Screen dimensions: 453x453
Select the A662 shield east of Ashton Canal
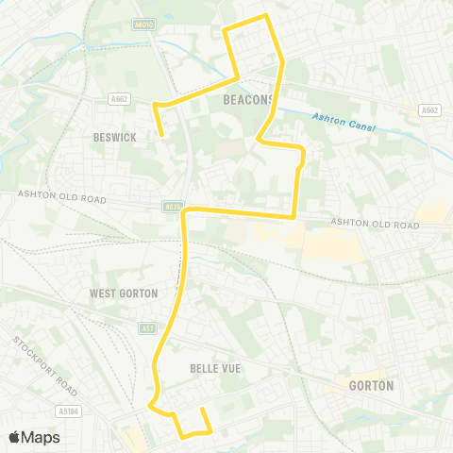point(429,109)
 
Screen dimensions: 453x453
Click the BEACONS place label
point(248,100)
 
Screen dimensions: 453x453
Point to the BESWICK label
point(116,138)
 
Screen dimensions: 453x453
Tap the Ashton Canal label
point(344,122)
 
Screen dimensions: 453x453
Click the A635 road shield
point(171,206)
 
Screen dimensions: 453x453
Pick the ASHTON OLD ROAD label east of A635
point(375,225)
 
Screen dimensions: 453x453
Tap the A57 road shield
point(146,328)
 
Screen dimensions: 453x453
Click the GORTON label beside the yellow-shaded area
point(371,386)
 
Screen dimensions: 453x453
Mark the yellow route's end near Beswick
point(163,135)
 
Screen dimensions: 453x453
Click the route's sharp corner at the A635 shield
point(184,212)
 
